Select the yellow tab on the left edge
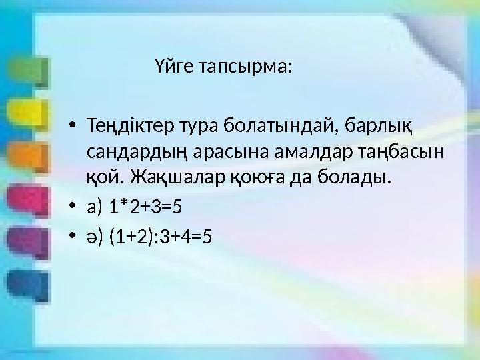[x=27, y=112]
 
